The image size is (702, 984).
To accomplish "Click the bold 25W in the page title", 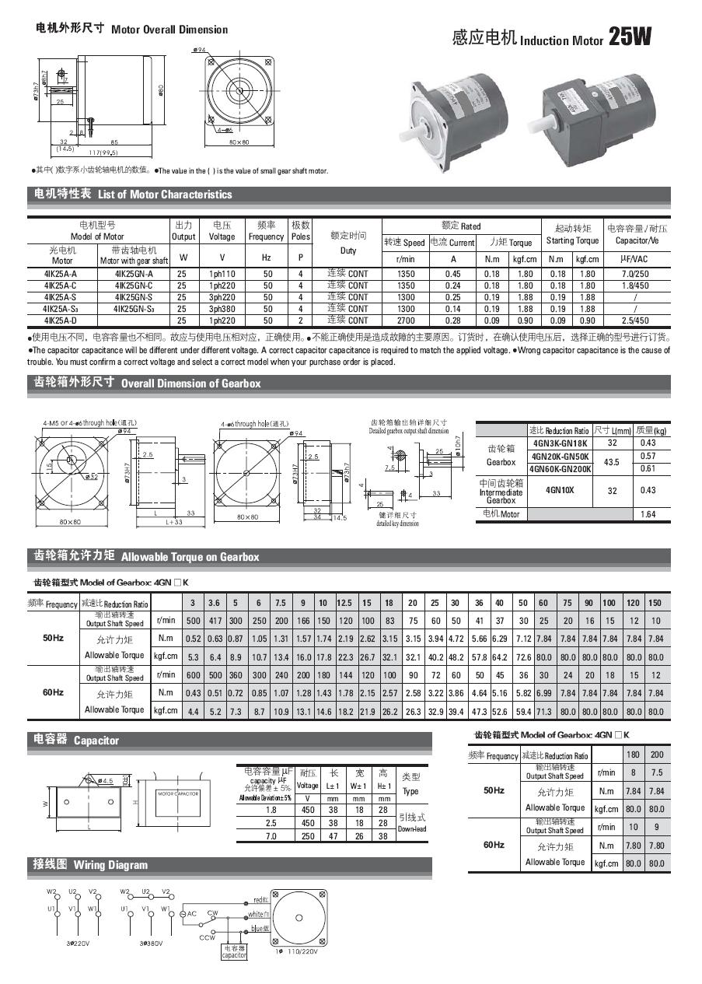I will [x=630, y=37].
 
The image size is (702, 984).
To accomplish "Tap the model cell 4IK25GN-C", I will [x=134, y=285].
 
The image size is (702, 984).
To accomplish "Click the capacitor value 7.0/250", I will [x=637, y=274].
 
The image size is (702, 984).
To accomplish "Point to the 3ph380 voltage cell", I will [x=222, y=309].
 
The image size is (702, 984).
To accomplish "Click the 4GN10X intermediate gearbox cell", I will [x=560, y=491].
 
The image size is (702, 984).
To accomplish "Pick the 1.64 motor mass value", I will [x=648, y=514].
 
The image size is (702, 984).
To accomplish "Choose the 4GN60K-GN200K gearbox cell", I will [x=560, y=469].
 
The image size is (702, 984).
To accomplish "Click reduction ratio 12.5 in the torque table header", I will [x=344, y=604].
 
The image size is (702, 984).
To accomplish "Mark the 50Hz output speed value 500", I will [x=193, y=621].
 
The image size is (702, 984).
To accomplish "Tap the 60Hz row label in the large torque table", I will [x=54, y=692].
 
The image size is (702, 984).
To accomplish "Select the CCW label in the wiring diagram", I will [x=208, y=937].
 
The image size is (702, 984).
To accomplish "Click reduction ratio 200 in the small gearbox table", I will [x=657, y=755].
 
